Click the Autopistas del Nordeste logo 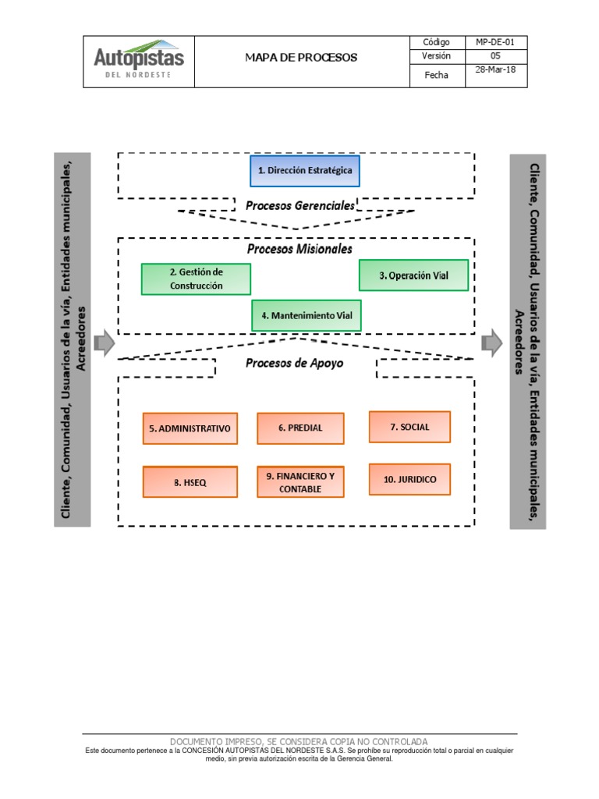[x=139, y=59]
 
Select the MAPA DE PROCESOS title [x=301, y=58]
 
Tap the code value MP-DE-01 [x=495, y=42]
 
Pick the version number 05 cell [x=495, y=56]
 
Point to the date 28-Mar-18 [x=495, y=69]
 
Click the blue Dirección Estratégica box [x=305, y=171]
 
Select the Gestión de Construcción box [x=196, y=279]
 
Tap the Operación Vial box [x=413, y=275]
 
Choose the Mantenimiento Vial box [x=307, y=315]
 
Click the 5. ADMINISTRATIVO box [x=190, y=428]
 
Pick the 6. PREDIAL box [x=300, y=428]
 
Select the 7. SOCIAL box [x=409, y=427]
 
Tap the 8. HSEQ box [x=190, y=482]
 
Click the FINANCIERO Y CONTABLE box [x=300, y=482]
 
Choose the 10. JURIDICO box [x=409, y=480]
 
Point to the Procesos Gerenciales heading [x=300, y=206]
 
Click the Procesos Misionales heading [x=299, y=249]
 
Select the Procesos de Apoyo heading [x=294, y=364]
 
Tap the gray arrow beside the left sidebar [x=105, y=343]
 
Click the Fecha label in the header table [x=437, y=75]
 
